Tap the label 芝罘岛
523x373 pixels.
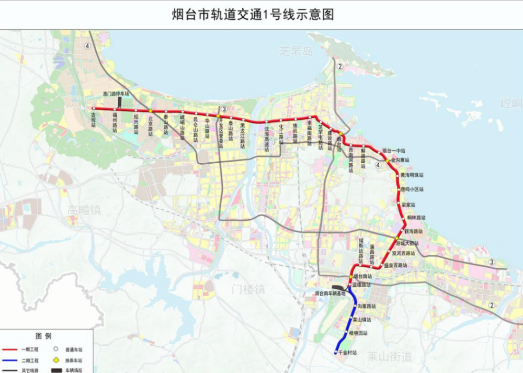[295, 51]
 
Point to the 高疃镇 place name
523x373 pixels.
[84, 210]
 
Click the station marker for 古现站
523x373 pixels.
[94, 108]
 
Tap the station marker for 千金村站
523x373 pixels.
[336, 353]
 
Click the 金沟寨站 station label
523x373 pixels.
[400, 161]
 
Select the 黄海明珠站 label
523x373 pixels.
[412, 175]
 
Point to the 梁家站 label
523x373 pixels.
[408, 205]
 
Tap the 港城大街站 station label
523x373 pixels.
[408, 243]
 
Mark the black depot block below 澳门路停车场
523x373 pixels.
[119, 102]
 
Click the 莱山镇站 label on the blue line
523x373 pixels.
[361, 319]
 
